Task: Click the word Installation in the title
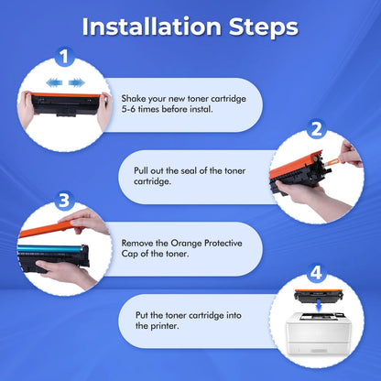coord(152,27)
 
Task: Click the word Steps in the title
coord(264,28)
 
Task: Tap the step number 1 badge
coord(64,57)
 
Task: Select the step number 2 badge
coord(317,129)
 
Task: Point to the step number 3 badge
coord(64,201)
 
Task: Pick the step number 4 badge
coord(317,273)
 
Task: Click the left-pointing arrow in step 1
coord(54,82)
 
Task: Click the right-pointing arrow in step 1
coord(76,82)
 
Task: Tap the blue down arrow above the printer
coord(319,306)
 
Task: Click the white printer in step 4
coord(319,333)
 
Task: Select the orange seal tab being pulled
coord(332,161)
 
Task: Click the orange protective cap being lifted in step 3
coord(49,229)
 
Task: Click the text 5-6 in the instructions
coord(128,109)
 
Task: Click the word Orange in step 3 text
coord(186,244)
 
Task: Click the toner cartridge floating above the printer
coord(319,296)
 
